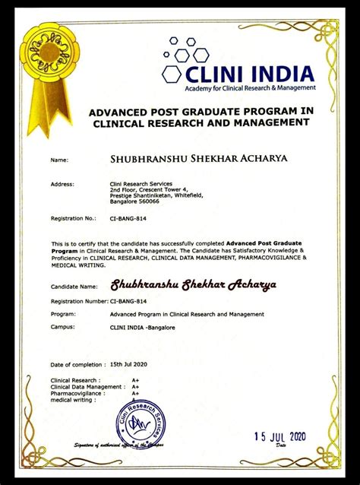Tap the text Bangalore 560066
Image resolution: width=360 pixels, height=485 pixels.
click(x=134, y=202)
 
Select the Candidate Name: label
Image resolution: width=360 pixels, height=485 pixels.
click(x=74, y=287)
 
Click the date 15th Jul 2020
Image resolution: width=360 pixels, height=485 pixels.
click(x=128, y=364)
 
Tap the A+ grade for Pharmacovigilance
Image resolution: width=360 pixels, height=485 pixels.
click(x=135, y=394)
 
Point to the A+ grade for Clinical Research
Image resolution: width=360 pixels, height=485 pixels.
click(x=135, y=379)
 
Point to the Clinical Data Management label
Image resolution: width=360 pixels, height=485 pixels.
click(x=87, y=387)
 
